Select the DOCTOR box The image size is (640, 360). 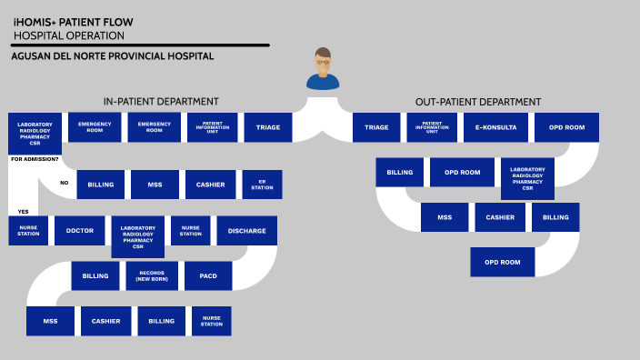tap(80, 231)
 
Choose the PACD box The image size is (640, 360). tap(207, 275)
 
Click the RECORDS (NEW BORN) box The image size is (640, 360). tap(152, 275)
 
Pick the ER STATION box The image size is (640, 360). tap(262, 185)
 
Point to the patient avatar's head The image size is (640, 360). tap(323, 60)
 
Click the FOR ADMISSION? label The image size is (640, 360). tap(35, 160)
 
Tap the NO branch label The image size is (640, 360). tap(65, 183)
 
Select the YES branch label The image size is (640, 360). tap(23, 212)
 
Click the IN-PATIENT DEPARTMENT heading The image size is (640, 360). tap(161, 101)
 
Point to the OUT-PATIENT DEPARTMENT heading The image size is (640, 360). tap(477, 101)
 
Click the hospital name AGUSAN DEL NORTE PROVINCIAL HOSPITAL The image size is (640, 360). tap(113, 56)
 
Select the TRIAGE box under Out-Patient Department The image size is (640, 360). tap(376, 127)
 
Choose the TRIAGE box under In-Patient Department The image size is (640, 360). tap(268, 127)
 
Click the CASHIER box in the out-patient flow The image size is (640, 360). tap(500, 217)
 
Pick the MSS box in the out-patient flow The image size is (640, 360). tap(445, 217)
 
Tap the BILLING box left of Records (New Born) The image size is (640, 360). tap(95, 275)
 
